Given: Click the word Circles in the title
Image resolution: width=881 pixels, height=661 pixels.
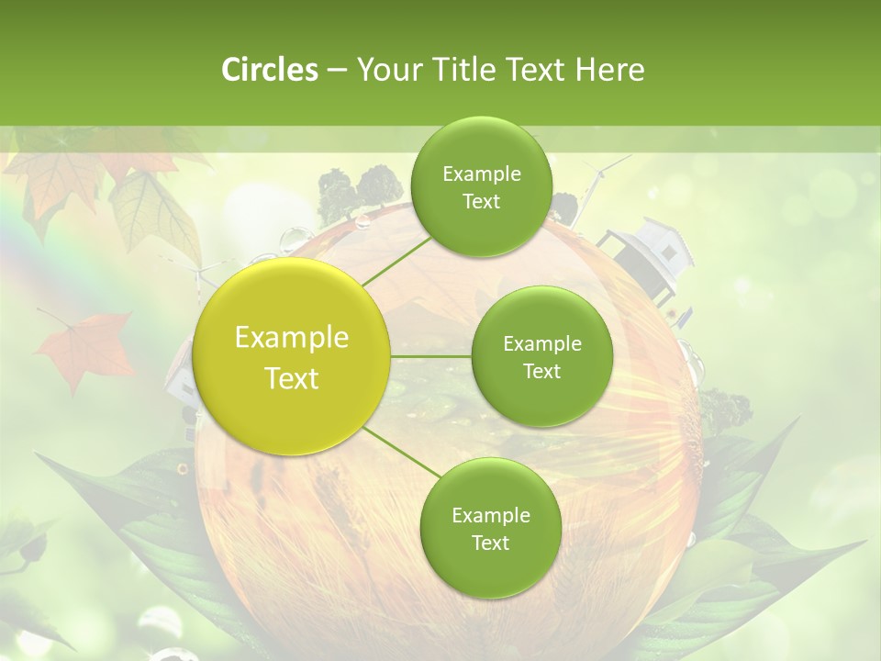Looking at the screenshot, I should (x=269, y=70).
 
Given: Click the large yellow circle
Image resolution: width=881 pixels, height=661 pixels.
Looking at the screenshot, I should (x=292, y=357).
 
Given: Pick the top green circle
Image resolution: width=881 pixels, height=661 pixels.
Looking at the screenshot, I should (x=481, y=187).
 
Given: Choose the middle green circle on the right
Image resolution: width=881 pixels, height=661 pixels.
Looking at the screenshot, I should (x=541, y=357).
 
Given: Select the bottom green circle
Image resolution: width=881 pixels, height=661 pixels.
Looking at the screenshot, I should (x=490, y=528).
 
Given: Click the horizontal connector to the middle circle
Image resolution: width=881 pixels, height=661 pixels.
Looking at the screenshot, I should (x=430, y=356).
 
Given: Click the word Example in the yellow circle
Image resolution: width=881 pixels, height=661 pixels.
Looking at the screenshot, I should (x=292, y=338).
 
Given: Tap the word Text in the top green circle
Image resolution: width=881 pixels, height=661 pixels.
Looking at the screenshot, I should (x=481, y=202).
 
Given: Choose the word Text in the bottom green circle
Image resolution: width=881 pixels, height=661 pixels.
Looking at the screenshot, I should (x=490, y=543).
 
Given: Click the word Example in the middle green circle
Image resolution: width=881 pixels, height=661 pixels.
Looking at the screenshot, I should (x=541, y=344).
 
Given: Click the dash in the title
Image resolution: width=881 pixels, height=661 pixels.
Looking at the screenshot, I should (x=336, y=70).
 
